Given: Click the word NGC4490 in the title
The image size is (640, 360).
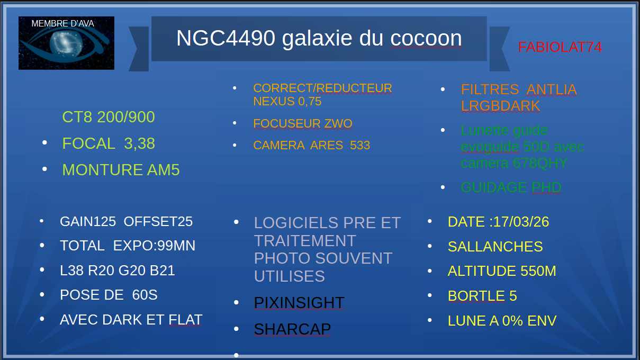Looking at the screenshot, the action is click(x=226, y=38).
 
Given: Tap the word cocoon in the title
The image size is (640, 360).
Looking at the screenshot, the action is click(x=426, y=39).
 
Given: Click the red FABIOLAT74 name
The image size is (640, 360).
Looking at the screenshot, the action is click(x=560, y=47).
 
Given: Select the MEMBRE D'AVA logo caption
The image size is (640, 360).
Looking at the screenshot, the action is click(x=62, y=23).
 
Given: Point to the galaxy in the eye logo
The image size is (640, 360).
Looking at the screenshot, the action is click(x=66, y=43).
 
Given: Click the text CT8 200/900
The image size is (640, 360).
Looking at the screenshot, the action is click(x=109, y=117).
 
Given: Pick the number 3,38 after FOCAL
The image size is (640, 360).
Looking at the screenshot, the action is click(x=139, y=143).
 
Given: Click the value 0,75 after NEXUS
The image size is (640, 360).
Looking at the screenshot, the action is click(x=310, y=102).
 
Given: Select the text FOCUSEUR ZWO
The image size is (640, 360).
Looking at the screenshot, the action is click(x=303, y=123).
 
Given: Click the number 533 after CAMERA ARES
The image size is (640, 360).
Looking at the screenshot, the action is click(x=360, y=145).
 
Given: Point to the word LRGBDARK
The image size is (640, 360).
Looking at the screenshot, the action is click(x=500, y=106).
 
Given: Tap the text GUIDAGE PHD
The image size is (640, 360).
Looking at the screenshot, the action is click(x=511, y=187).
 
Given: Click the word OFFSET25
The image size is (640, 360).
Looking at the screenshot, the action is click(x=158, y=221).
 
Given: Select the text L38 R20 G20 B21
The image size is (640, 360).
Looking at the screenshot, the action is click(x=118, y=271).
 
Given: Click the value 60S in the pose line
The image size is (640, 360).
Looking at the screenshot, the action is click(x=145, y=294).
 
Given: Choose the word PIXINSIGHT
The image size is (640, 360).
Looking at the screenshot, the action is click(x=299, y=303).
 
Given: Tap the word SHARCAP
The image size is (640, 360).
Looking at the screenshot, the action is click(x=292, y=329).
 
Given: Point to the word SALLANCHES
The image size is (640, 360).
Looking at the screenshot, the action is click(x=495, y=247).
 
